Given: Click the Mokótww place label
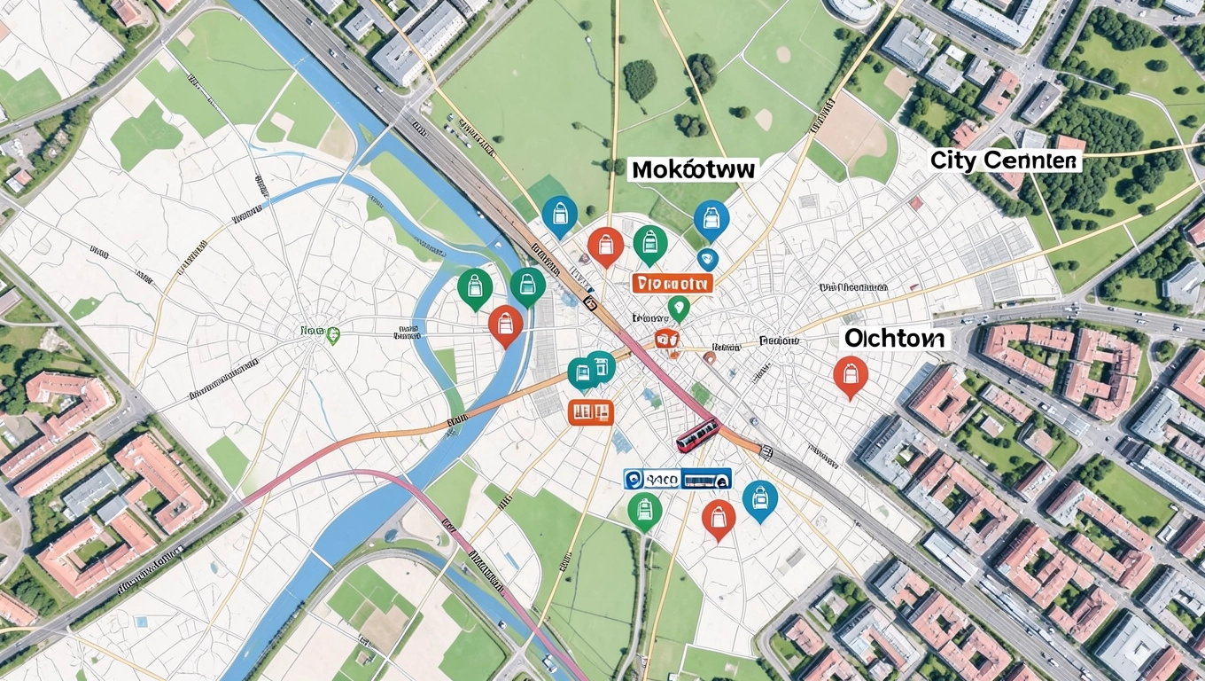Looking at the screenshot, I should point(693,168).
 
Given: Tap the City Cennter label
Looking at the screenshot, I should point(1006,160).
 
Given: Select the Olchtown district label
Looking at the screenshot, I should point(894,338).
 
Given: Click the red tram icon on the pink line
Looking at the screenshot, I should point(697,434).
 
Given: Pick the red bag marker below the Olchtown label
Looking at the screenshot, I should point(850,376).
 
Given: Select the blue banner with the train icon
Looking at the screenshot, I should point(678,480).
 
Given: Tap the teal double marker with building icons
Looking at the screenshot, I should point(591,370).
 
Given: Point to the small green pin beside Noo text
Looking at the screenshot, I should point(333,334).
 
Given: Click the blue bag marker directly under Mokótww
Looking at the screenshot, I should point(711,218).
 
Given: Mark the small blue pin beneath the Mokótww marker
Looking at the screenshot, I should point(706,260).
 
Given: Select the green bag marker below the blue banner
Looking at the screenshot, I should point(644,511).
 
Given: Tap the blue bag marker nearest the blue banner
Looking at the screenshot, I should point(759,499).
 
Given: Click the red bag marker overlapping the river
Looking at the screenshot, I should point(505,324).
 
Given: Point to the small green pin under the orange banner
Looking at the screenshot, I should point(679,308).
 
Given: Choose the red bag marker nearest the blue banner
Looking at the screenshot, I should point(719,518).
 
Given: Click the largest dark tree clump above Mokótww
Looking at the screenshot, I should point(640,80).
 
